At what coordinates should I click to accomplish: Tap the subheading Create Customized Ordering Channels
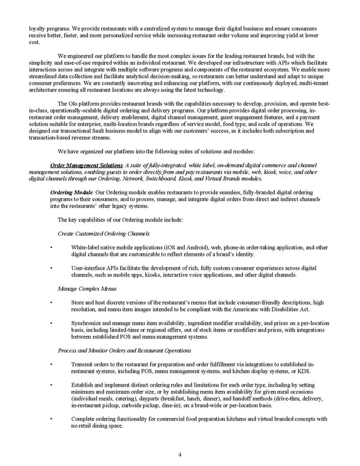click(x=103, y=232)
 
